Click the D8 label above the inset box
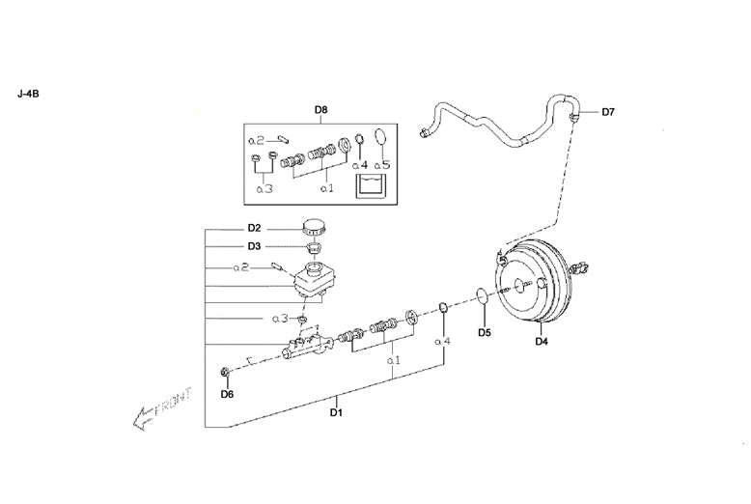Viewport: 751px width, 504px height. (320, 110)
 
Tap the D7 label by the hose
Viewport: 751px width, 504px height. (608, 112)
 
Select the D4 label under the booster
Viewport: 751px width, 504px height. (542, 340)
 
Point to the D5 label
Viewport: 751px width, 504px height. (485, 332)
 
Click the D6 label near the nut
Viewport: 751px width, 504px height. (227, 394)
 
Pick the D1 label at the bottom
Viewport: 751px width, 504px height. (336, 413)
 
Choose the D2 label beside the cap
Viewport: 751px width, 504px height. (254, 228)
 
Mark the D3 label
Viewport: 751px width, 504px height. (254, 246)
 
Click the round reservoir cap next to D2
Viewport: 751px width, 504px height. (315, 228)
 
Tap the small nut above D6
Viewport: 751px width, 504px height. (226, 372)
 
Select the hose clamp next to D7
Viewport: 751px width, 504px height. (575, 117)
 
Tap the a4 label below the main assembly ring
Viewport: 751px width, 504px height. (442, 341)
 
